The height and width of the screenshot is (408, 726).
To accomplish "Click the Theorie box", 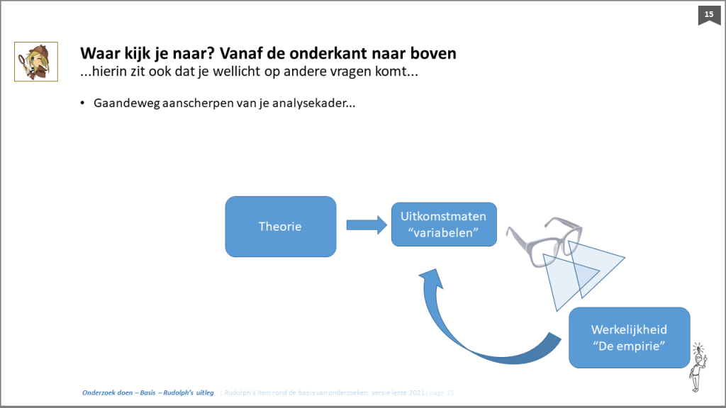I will coord(280,227).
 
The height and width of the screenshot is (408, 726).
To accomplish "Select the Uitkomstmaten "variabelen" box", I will coord(444,225).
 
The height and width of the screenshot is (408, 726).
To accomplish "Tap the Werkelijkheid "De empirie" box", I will coord(629,337).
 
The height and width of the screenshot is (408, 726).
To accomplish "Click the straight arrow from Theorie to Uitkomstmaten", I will coord(366,225).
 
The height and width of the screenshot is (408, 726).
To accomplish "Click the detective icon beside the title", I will coord(31,61).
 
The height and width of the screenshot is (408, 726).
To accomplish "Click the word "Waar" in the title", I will coord(98,53).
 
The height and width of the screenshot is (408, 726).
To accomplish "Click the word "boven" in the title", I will coord(434,53).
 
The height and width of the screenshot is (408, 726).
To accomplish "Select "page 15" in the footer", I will coord(441,392).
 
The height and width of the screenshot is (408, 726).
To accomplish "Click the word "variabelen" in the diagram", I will coord(444,233).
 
